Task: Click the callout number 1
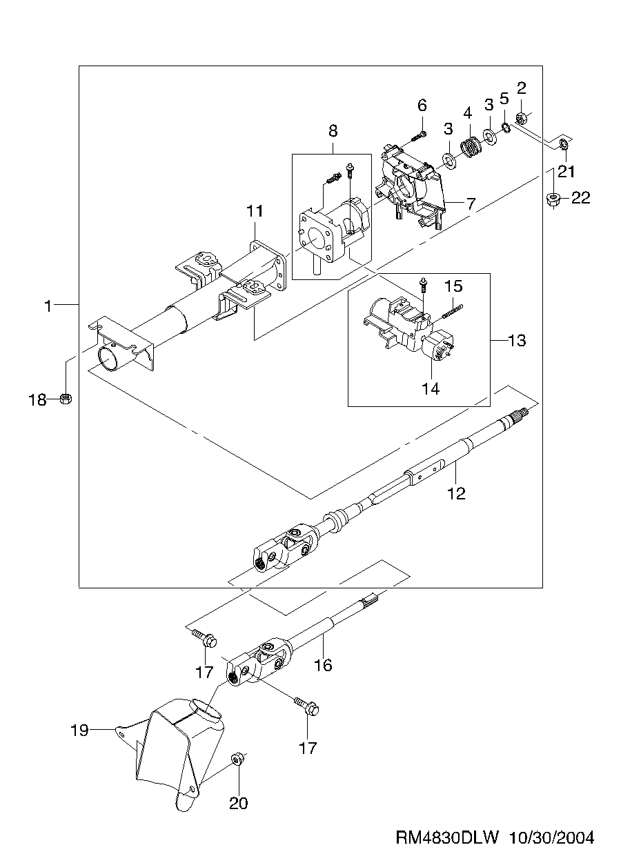(x=48, y=306)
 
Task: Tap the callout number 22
(x=581, y=198)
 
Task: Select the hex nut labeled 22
(x=554, y=199)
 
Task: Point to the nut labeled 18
(x=66, y=399)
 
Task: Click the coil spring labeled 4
(x=471, y=148)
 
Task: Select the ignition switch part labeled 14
(x=438, y=345)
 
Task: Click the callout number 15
(x=453, y=286)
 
